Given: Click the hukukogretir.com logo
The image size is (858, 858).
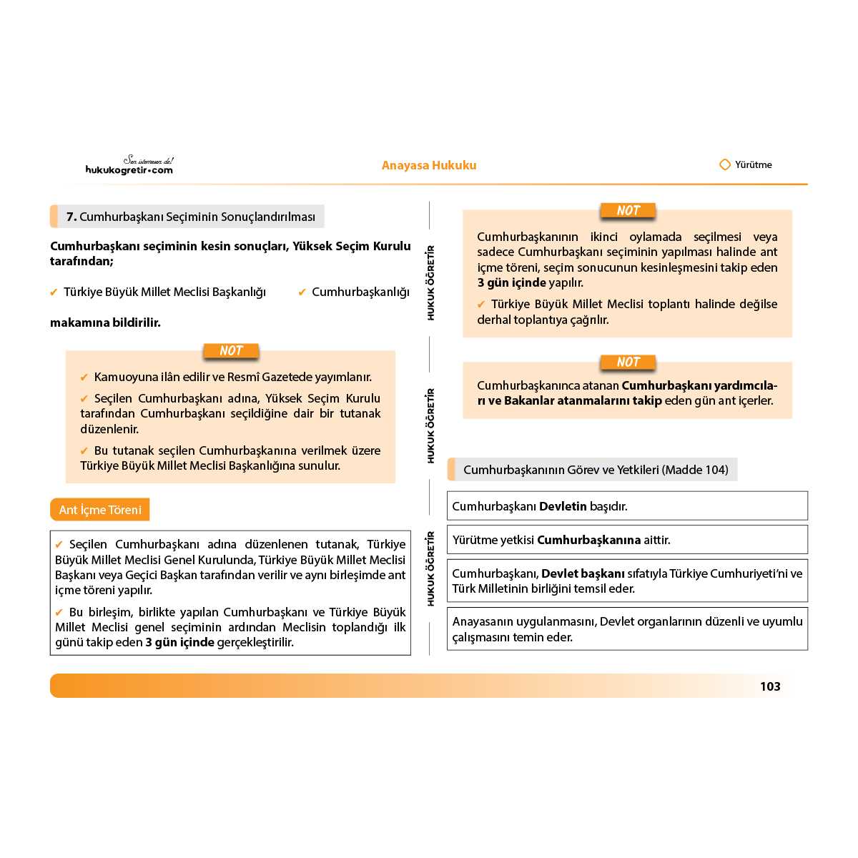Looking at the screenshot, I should [129, 166].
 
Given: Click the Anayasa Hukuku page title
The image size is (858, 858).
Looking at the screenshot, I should [429, 165].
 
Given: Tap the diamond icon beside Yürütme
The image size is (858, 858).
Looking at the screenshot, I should [724, 164].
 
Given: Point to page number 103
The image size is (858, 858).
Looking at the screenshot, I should [770, 686].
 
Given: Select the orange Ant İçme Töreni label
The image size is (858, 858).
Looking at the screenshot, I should [100, 510].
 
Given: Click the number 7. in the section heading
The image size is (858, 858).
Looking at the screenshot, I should [71, 217].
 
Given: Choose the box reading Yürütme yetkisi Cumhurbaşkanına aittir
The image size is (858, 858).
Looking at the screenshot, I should [627, 540].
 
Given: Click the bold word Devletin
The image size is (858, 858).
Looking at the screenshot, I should [563, 506].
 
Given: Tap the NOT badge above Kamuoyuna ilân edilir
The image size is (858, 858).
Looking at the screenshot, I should [231, 351].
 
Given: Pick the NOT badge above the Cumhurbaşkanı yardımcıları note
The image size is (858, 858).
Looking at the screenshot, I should [628, 363].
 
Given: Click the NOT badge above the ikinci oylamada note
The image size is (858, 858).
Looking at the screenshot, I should [628, 211].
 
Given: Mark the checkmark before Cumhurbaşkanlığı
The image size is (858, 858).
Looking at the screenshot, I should [302, 292].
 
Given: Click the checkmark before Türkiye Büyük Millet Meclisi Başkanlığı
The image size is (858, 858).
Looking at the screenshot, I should [54, 292].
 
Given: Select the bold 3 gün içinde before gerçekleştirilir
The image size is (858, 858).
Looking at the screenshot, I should [180, 642].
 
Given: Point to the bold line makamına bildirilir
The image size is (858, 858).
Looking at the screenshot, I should [105, 322].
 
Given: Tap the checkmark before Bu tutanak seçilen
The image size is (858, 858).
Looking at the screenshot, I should [84, 450].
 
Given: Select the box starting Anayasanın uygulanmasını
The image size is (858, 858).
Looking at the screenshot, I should [627, 629].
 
